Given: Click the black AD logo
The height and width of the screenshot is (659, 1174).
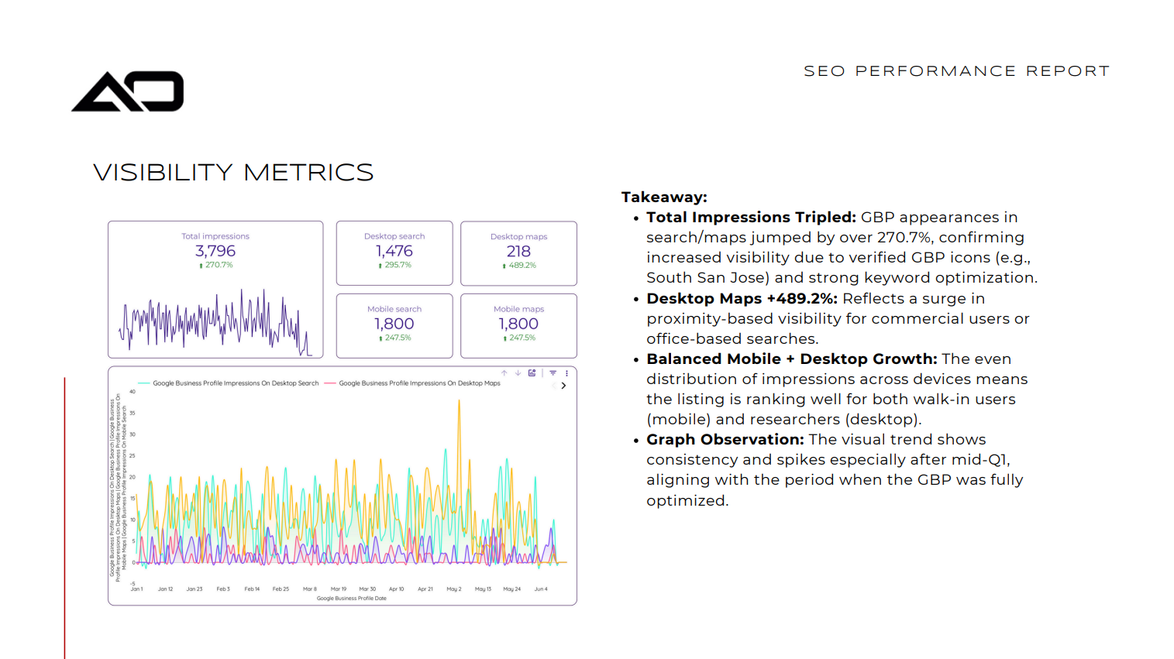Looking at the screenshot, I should coord(128,91).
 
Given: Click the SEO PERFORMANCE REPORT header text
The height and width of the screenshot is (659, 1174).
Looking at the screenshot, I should coord(956,71).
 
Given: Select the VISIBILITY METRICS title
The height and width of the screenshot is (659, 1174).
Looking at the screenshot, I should coord(233,172).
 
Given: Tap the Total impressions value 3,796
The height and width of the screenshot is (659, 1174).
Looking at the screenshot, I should coord(215,251).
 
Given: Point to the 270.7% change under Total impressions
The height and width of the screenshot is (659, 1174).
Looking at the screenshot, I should coord(218,265).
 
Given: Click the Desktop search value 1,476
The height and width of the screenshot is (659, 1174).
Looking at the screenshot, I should coord(394,251).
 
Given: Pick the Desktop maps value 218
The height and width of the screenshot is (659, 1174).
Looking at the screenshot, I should coord(518,251).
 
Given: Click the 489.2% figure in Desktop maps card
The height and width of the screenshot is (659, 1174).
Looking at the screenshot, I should coord(522,265).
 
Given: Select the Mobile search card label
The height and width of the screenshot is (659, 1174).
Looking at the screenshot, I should coord(394,309).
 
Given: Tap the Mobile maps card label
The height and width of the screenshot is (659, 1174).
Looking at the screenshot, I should coord(518,309).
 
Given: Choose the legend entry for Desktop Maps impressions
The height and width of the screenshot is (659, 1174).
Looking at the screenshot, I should coord(418,383).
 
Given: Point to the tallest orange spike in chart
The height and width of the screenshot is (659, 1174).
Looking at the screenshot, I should coord(459,403).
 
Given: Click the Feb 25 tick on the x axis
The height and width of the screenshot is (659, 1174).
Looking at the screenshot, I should coord(281,589).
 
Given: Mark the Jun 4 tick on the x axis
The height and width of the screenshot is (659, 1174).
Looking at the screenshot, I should coord(541,589).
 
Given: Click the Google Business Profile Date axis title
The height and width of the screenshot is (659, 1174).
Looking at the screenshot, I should coord(351,599).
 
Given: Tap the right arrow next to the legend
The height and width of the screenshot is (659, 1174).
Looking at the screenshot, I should coord(563,386).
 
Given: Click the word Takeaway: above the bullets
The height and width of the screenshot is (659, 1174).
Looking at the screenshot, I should coord(664,197).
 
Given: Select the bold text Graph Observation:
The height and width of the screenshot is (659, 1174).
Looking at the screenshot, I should coord(725,440).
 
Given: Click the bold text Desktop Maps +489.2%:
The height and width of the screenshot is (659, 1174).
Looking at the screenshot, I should coord(742,299).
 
